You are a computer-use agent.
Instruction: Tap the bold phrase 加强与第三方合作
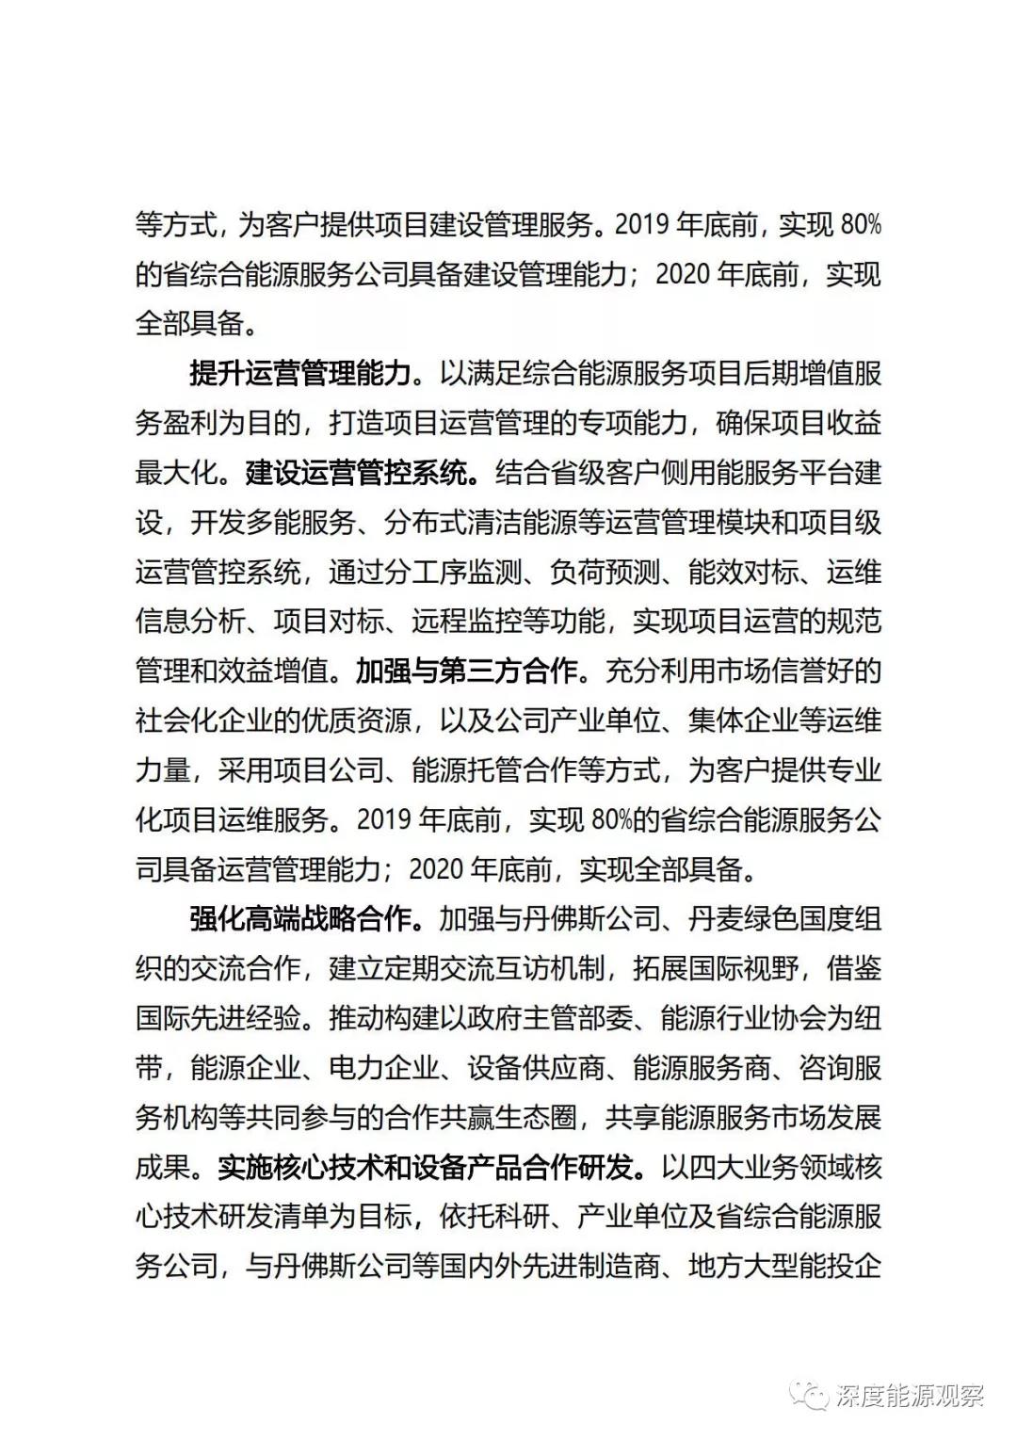[465, 671]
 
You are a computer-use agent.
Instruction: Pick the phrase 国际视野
[744, 969]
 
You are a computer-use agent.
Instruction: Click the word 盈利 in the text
[190, 424]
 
